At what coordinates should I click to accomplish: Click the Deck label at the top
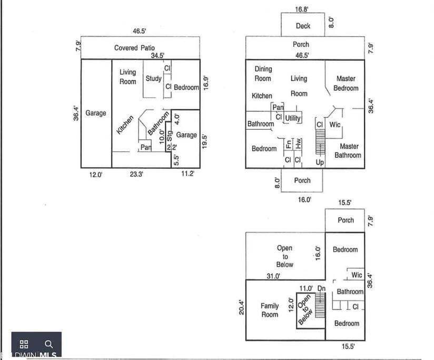tap(303, 26)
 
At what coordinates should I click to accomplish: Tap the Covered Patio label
tap(134, 48)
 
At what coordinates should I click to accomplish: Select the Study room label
tap(154, 79)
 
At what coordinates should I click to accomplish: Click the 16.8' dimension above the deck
tap(301, 9)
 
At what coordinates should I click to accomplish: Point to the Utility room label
tap(293, 118)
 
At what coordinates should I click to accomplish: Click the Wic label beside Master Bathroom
tap(335, 124)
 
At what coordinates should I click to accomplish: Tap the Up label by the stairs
tap(320, 162)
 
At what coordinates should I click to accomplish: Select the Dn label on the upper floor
tap(321, 288)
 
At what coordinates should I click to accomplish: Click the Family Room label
tap(270, 310)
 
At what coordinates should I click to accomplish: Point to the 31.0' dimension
tap(273, 276)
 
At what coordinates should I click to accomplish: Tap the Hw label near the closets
tap(298, 143)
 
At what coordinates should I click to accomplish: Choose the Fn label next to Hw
tap(289, 144)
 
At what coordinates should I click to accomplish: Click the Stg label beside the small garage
tap(170, 136)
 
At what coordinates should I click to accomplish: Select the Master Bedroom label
tap(346, 83)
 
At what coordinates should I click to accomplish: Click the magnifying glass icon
tap(48, 344)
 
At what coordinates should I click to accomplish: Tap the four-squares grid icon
tap(24, 344)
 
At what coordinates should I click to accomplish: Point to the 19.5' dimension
tap(204, 141)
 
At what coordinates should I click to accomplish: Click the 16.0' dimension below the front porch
tap(304, 199)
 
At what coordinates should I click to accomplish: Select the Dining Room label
tap(263, 74)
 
